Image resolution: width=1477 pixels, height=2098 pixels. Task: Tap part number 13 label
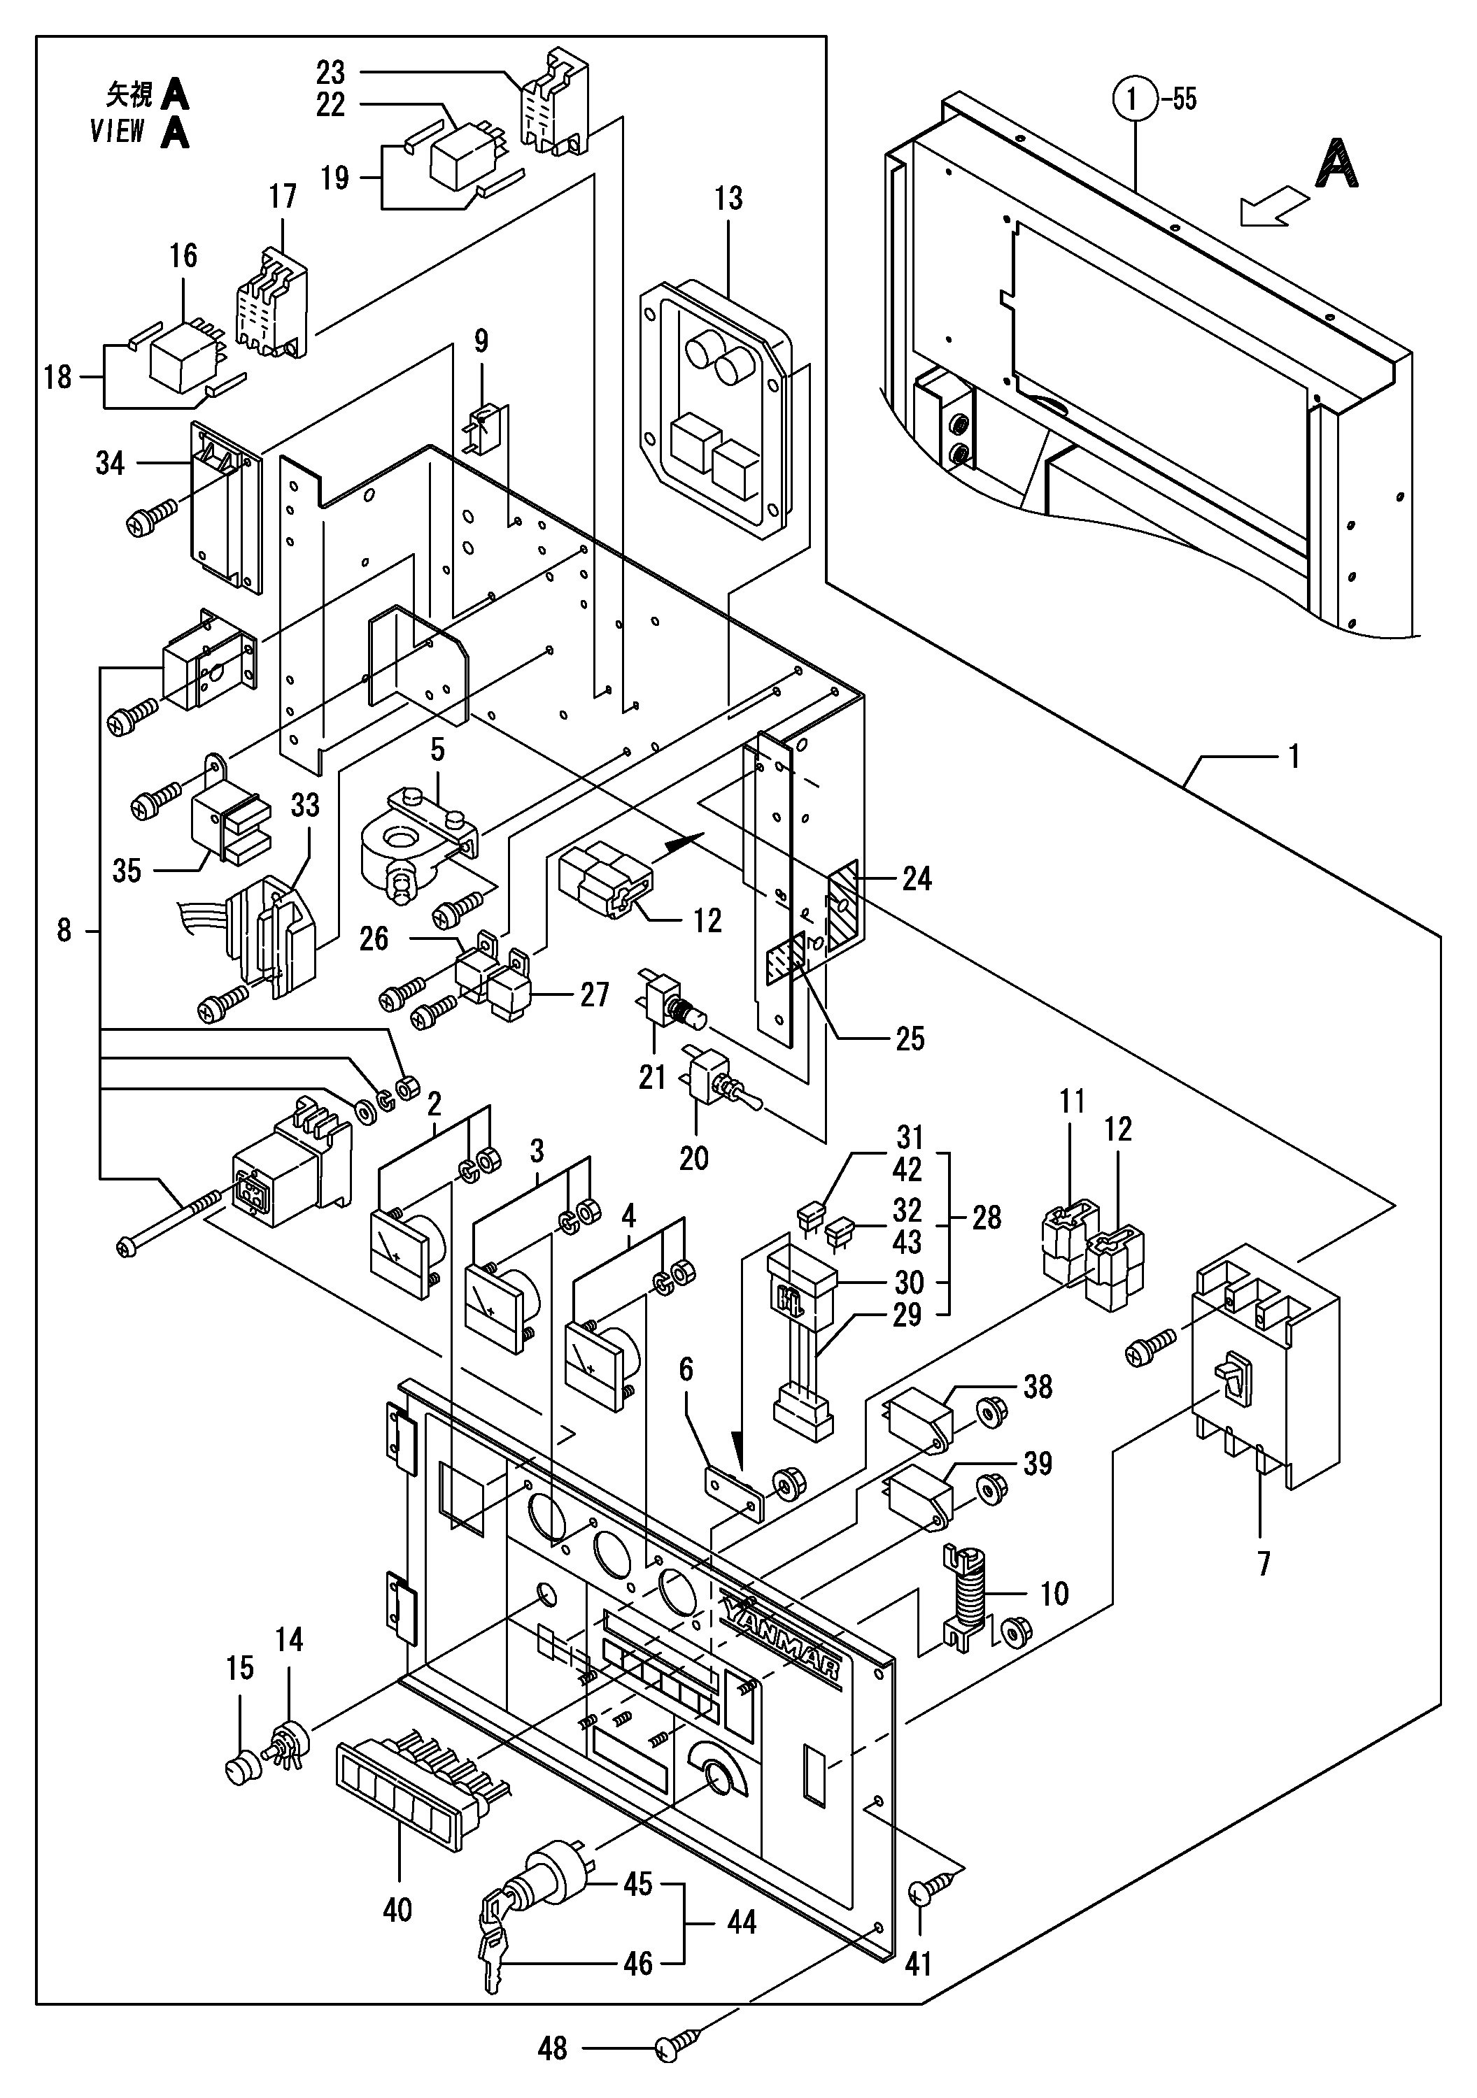tap(728, 199)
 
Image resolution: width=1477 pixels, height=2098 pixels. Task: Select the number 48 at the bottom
tap(552, 2048)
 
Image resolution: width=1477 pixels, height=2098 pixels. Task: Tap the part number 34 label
tap(110, 463)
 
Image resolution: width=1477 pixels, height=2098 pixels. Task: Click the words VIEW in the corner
tap(117, 131)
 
